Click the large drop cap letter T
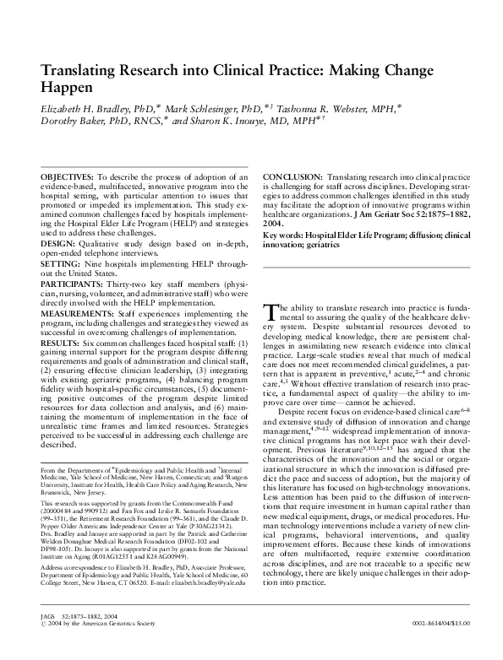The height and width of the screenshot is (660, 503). click(x=270, y=313)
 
